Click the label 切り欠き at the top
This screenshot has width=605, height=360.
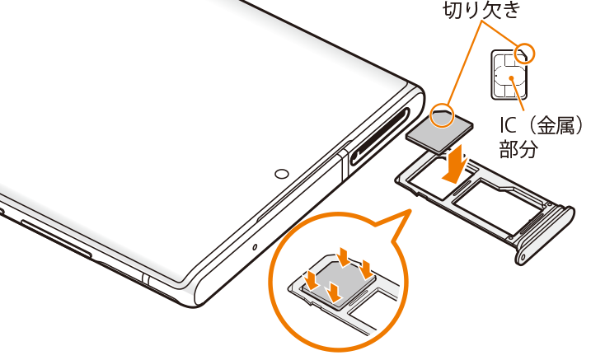tap(482, 10)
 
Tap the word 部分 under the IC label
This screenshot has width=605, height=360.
tap(518, 149)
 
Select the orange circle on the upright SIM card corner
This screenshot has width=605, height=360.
tap(525, 54)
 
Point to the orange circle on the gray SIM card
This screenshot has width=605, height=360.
tap(442, 115)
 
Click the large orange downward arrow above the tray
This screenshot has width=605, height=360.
tap(457, 165)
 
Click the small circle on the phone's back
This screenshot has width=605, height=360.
tap(282, 174)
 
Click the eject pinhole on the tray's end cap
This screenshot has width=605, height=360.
tap(523, 257)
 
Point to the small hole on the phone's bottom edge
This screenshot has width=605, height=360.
tap(255, 246)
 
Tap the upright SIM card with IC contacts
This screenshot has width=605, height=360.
tap(509, 75)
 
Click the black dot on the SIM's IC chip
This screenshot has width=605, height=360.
tap(511, 78)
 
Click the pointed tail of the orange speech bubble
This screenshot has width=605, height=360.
tap(410, 210)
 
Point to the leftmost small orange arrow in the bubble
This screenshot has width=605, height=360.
tap(312, 280)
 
